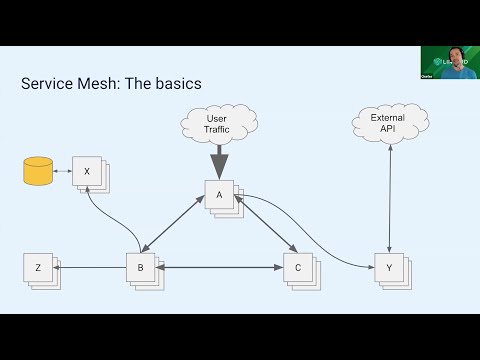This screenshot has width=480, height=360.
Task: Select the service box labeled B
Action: [x=140, y=267]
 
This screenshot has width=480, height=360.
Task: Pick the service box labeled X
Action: [x=87, y=172]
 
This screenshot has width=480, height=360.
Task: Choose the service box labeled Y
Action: [x=388, y=267]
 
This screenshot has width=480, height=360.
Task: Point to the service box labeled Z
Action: [x=38, y=267]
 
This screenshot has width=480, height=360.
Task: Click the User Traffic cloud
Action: [x=217, y=125]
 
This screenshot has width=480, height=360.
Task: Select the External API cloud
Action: [x=388, y=124]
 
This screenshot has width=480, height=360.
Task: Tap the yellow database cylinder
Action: [x=38, y=172]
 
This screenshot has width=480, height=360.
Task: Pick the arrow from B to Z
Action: [x=90, y=267]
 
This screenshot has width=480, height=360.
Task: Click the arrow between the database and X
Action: [x=63, y=172]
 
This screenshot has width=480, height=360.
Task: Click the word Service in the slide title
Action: [x=49, y=83]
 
